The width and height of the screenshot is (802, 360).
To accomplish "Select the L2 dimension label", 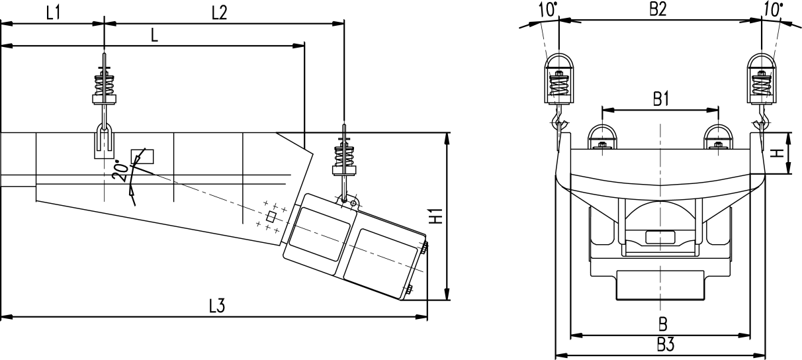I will (x=219, y=12).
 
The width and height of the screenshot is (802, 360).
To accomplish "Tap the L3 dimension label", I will (x=218, y=306).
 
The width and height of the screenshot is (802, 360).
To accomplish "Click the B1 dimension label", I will (x=660, y=99).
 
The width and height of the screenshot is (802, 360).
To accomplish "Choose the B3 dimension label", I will (x=666, y=345).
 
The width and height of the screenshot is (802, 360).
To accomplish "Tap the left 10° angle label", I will (x=547, y=9).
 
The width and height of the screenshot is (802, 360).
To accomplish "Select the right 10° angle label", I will (x=772, y=9).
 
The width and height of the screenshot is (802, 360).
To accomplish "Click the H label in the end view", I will (x=779, y=154).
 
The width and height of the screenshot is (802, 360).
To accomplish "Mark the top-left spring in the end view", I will (x=560, y=85).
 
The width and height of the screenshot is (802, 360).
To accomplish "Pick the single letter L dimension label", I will (x=154, y=36).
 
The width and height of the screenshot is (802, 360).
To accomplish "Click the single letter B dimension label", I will (x=662, y=324).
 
